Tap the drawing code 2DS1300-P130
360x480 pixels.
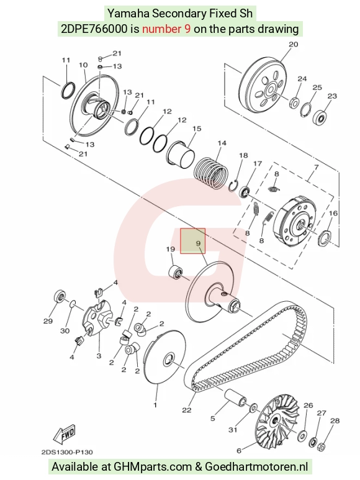click(67, 452)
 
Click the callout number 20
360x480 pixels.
click(294, 44)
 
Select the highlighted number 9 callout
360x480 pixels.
click(198, 243)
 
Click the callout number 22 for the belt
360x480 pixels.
click(187, 410)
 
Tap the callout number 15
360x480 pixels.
click(197, 129)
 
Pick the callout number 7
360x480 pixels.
click(316, 167)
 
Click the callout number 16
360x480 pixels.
click(333, 213)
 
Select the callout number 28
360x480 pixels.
click(335, 421)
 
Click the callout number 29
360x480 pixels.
click(48, 321)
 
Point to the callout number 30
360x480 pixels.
click(65, 331)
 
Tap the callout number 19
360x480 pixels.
click(170, 249)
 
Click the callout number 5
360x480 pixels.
click(212, 419)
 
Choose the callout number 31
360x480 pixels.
click(233, 430)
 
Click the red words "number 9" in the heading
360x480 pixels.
click(167, 29)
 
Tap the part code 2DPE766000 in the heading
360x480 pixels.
click(94, 29)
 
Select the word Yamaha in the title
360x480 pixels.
click(128, 14)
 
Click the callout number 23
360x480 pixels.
click(332, 96)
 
